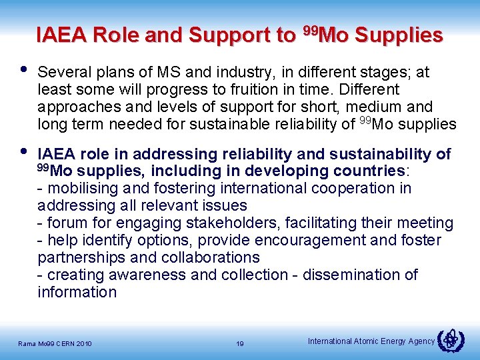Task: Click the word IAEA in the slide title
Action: coord(64,35)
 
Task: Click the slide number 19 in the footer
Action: coord(240,344)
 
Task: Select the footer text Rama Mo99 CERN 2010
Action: coord(56,344)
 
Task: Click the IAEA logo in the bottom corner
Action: coord(451,339)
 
